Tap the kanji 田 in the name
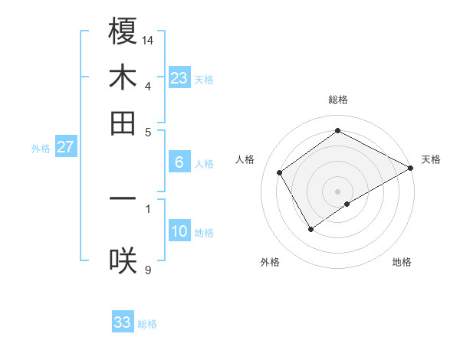pyautogui.click(x=123, y=123)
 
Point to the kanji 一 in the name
pyautogui.click(x=123, y=198)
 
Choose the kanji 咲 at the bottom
pyautogui.click(x=123, y=261)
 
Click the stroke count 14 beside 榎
pyautogui.click(x=148, y=39)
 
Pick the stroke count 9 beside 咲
pyautogui.click(x=148, y=270)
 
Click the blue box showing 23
pyautogui.click(x=179, y=78)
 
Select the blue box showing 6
pyautogui.click(x=179, y=162)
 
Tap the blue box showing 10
pyautogui.click(x=179, y=231)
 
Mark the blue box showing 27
pyautogui.click(x=65, y=147)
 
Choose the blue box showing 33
pyautogui.click(x=123, y=322)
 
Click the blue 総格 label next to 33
pyautogui.click(x=147, y=324)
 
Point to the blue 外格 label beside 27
pyautogui.click(x=41, y=149)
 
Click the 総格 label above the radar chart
pyautogui.click(x=338, y=100)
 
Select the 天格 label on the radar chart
pyautogui.click(x=431, y=159)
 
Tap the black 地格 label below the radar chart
pyautogui.click(x=402, y=263)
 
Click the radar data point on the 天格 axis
pyautogui.click(x=411, y=168)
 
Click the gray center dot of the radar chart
pyautogui.click(x=338, y=191)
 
